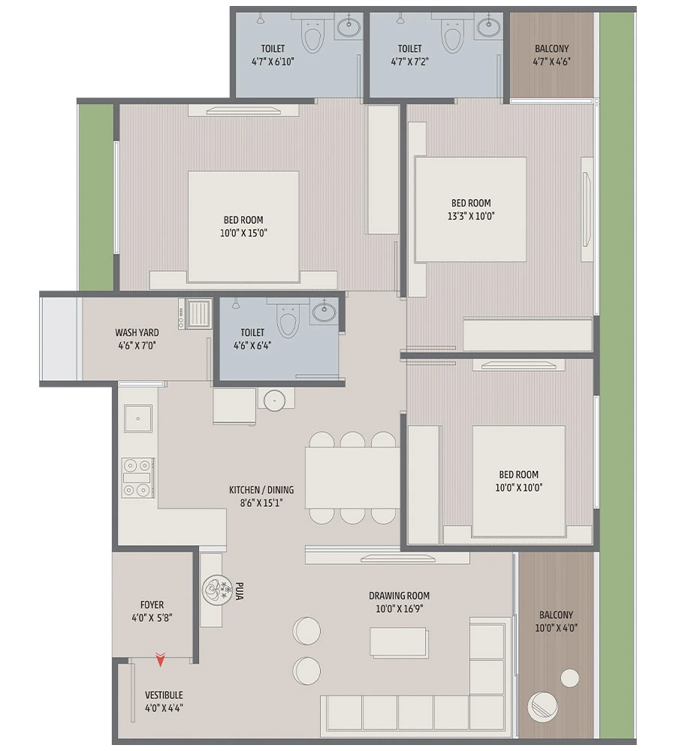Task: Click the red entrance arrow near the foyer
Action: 160,660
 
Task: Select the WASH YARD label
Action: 136,332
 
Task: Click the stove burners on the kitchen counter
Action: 138,478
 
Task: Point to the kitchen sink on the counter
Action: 137,419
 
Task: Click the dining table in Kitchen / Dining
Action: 352,478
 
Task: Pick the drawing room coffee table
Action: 399,643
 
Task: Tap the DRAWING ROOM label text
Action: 399,596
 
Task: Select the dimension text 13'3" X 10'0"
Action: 471,216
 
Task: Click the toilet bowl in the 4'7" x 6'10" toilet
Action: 312,35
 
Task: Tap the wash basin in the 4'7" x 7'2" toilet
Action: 489,28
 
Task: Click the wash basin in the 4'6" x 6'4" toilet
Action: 324,312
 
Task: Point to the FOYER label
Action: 152,605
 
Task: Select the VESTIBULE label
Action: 164,695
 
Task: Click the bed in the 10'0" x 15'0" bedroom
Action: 243,225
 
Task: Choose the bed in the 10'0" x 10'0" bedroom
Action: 518,481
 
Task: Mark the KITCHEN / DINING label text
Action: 261,490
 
